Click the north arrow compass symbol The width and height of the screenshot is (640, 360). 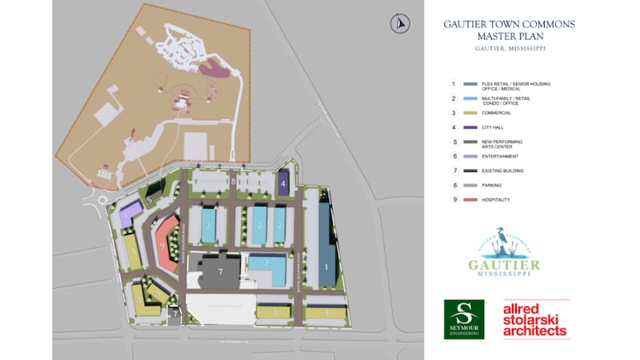pos(398,25)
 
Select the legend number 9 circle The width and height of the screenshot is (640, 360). pos(453,199)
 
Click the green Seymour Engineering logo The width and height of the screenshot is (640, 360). pos(464,318)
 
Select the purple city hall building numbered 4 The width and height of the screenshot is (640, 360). pos(284,183)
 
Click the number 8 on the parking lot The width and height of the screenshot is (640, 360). pos(233,182)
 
